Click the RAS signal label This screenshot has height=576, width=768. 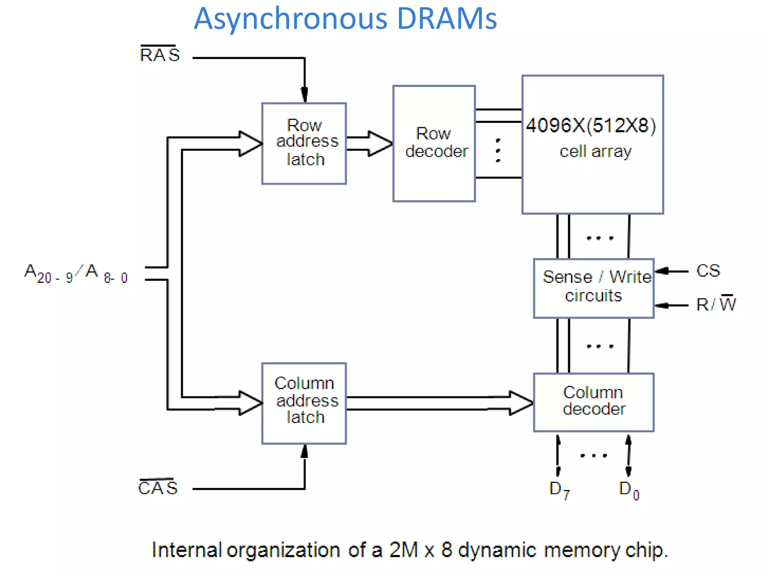(160, 55)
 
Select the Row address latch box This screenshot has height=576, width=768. (304, 144)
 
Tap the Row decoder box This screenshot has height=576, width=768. (434, 144)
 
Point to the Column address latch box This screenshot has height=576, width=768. (304, 403)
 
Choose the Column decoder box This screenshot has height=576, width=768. (594, 402)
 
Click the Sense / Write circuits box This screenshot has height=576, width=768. (594, 288)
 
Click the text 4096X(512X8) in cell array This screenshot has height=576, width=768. (591, 126)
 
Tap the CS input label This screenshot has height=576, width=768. (708, 271)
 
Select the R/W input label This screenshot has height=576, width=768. (715, 304)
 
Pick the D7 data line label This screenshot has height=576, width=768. (559, 490)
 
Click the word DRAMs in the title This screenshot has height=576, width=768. (447, 19)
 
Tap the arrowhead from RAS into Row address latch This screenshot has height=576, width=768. (304, 94)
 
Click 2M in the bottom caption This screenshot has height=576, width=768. (403, 550)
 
